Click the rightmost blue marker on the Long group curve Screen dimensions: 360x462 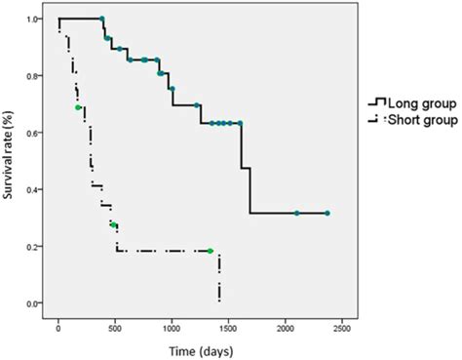[x=327, y=213]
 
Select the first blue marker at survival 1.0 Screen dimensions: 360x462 [x=102, y=19]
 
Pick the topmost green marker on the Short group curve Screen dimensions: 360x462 [x=78, y=107]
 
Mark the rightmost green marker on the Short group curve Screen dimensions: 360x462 [x=210, y=251]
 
